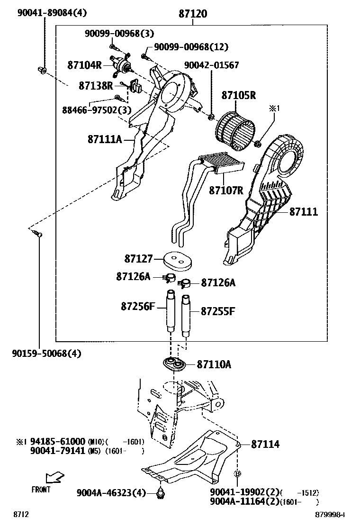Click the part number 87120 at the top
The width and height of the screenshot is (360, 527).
(193, 14)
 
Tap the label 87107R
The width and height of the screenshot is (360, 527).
(226, 191)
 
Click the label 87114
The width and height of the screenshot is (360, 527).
(265, 445)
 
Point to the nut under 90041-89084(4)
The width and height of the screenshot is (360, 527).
(42, 71)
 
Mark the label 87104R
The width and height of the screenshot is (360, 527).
(84, 64)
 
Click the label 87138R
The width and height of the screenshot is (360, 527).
(96, 86)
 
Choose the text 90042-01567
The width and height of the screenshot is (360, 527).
(212, 65)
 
